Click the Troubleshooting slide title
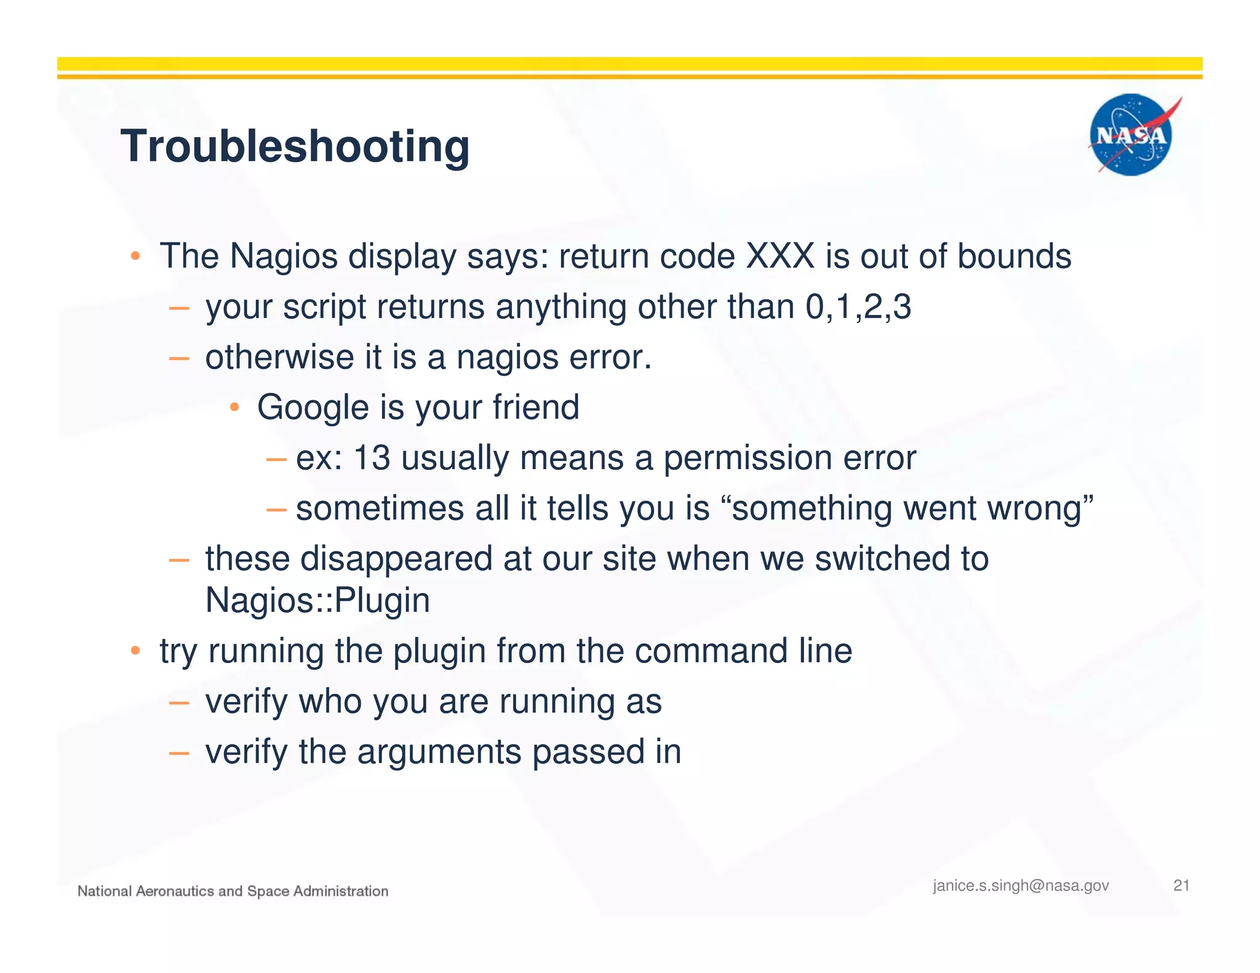tap(295, 146)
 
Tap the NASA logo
tap(1131, 135)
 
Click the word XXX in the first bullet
tap(780, 256)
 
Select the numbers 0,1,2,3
tap(858, 306)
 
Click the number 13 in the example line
tap(372, 458)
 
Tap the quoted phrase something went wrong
tap(911, 509)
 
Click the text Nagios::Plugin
tap(317, 600)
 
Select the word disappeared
tap(396, 559)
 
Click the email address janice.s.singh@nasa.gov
tap(1021, 886)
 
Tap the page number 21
tap(1181, 885)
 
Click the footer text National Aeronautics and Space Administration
tap(233, 891)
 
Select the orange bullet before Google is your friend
tap(234, 407)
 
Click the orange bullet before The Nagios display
tap(136, 256)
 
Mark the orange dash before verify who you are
tap(178, 702)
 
